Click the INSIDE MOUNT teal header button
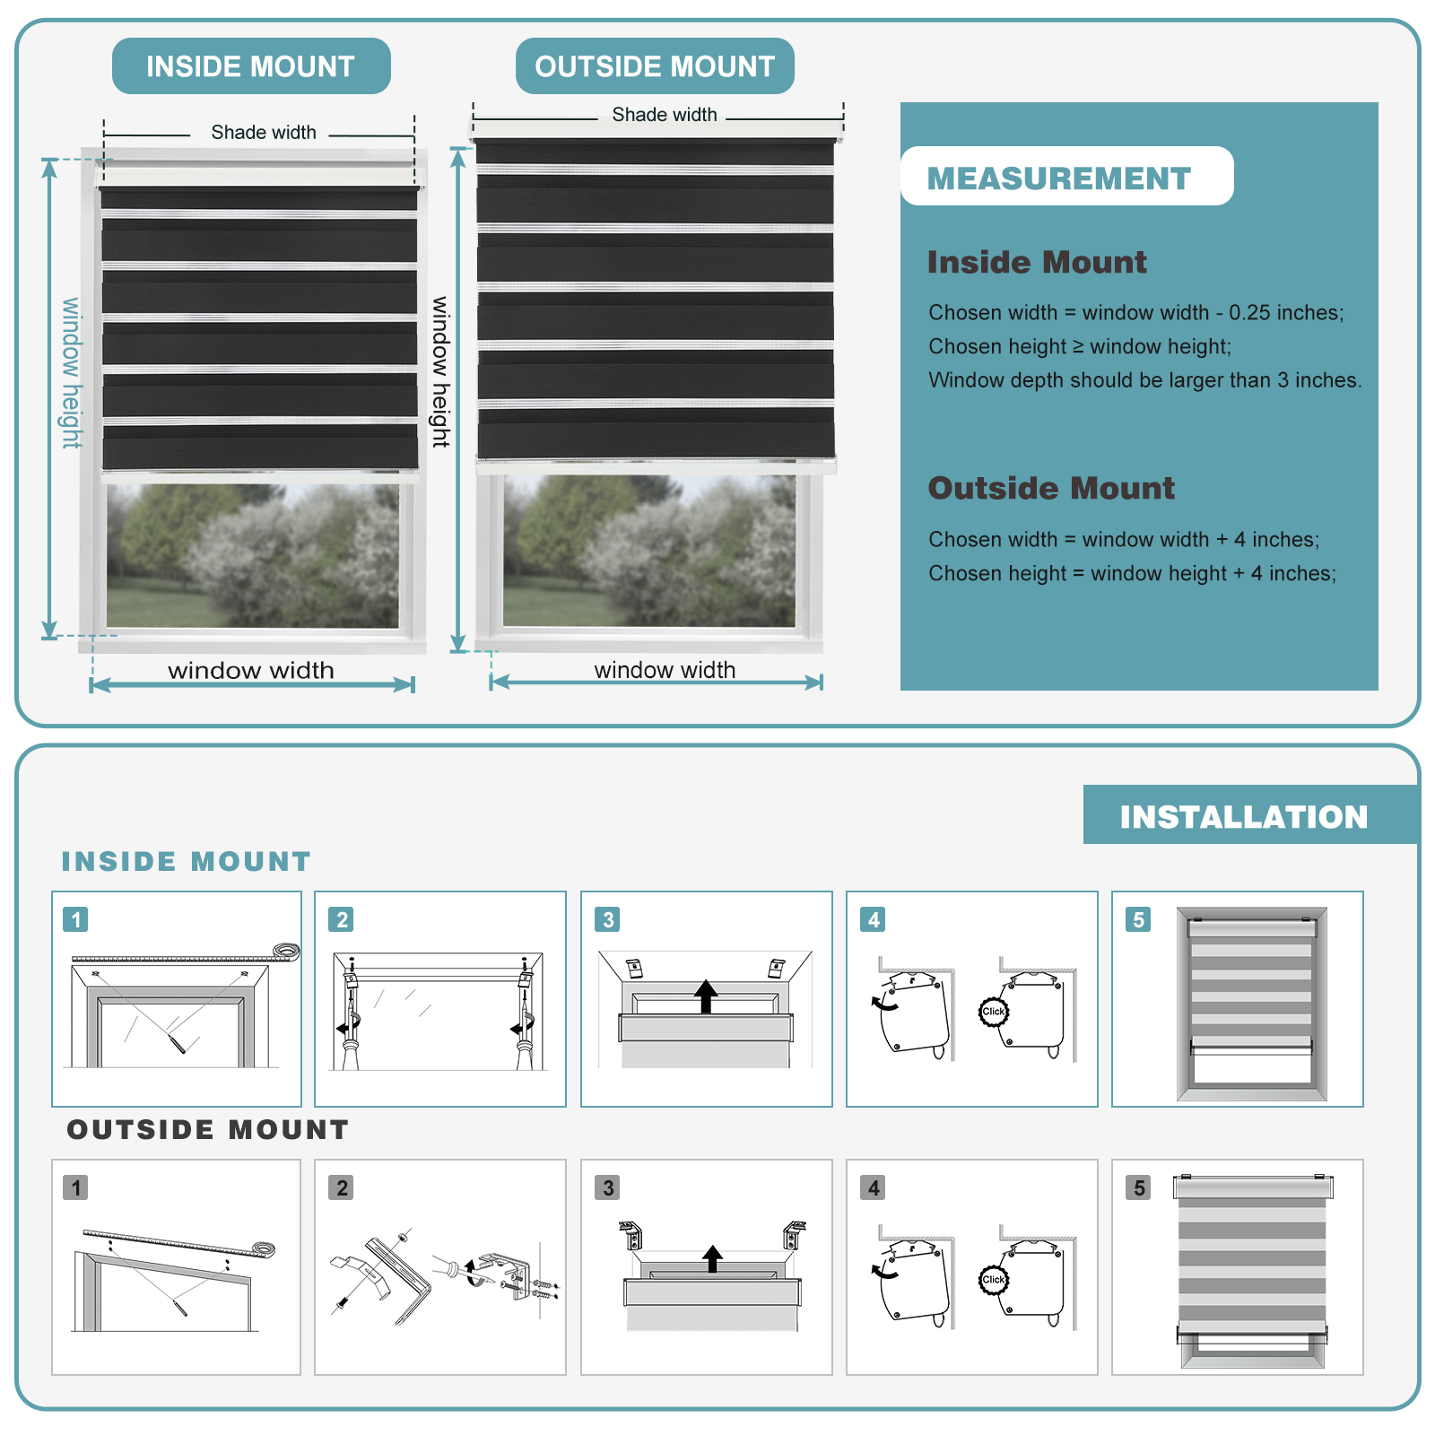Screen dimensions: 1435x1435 tap(251, 65)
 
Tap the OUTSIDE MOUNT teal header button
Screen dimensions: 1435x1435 tap(655, 65)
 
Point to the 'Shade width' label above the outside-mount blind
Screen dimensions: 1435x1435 tap(665, 115)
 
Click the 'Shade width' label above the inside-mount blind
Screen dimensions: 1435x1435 tap(264, 133)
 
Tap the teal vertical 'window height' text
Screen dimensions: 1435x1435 tap(71, 373)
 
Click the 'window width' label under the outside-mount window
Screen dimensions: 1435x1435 tap(665, 670)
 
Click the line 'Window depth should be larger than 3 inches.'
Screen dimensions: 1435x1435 tap(1145, 380)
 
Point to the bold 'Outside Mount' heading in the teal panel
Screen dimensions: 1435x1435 tap(1051, 488)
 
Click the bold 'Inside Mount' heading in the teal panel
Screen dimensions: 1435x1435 tap(1037, 262)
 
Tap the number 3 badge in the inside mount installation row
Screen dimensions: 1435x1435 tap(608, 919)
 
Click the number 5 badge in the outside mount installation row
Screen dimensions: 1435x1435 tap(1139, 1187)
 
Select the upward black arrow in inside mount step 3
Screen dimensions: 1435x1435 tap(707, 996)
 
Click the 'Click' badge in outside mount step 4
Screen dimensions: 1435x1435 tap(993, 1280)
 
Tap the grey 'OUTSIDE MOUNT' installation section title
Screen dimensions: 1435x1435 tap(208, 1129)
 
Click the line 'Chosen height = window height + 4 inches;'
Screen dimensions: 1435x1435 tap(1133, 574)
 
